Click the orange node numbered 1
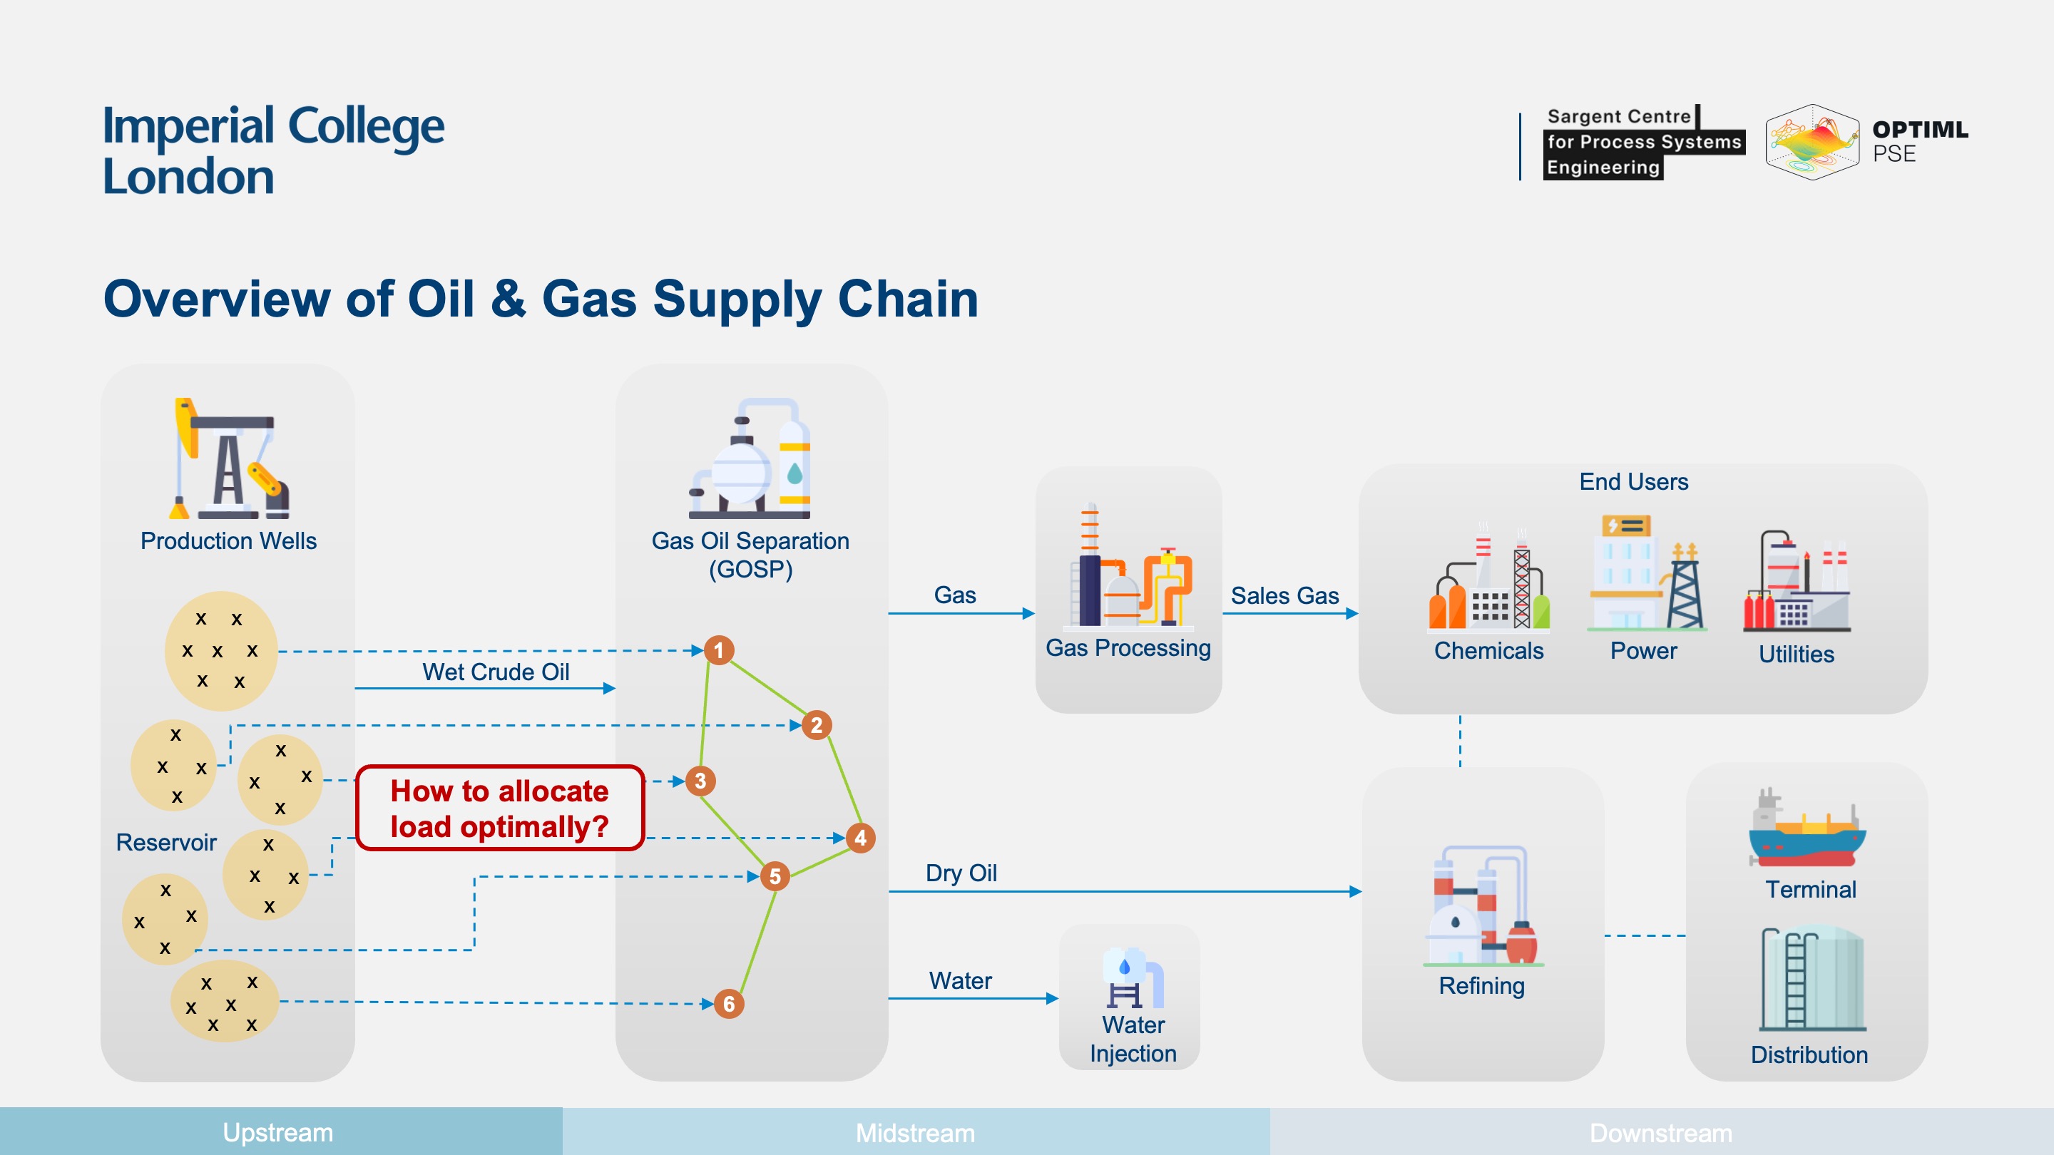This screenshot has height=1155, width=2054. coord(718,650)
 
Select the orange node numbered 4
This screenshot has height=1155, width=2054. coord(860,838)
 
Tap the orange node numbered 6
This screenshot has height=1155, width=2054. coord(729,1004)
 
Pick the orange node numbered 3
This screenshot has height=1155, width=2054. coord(700,781)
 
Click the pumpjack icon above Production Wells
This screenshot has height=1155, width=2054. coord(229,459)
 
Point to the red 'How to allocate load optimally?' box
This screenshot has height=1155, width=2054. coord(500,808)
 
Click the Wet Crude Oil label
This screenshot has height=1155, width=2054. coord(495,672)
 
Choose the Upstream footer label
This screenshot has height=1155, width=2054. coord(277,1133)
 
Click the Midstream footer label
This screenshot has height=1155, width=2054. coord(914,1133)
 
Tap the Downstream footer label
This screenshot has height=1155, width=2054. coord(1660,1133)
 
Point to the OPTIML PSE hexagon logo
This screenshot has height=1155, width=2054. coord(1812,142)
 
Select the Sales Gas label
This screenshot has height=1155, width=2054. coord(1284,595)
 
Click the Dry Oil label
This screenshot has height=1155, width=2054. coord(961,873)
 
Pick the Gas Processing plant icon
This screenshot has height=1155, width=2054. coord(1129,567)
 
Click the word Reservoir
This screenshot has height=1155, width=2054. coord(166,843)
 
